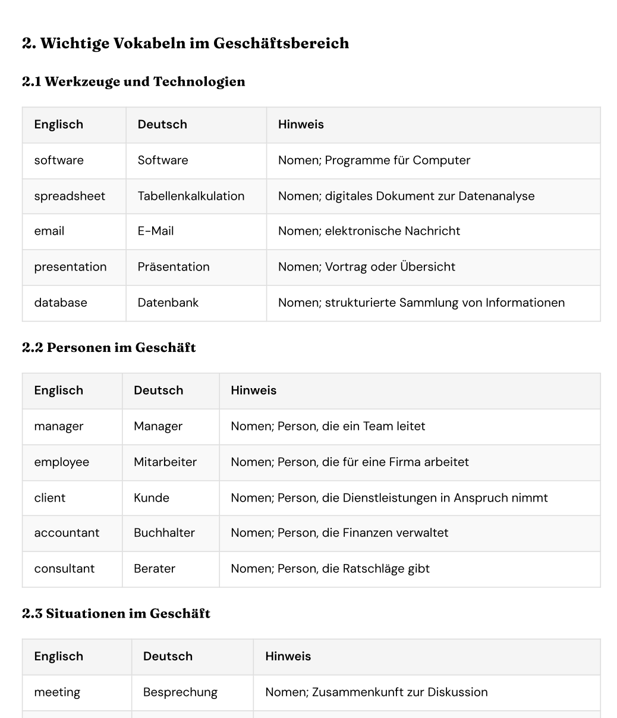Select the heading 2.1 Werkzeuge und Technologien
click(x=134, y=81)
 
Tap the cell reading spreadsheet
click(x=70, y=196)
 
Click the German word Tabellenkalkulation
click(x=191, y=196)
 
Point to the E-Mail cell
click(x=156, y=231)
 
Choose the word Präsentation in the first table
click(x=174, y=267)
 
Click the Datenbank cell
click(x=168, y=303)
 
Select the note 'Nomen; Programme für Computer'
click(x=374, y=160)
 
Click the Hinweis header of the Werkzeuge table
click(x=301, y=125)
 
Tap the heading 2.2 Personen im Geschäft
click(x=109, y=348)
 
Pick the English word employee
click(x=61, y=462)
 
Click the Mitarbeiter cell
click(x=165, y=462)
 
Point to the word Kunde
click(x=152, y=497)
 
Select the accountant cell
click(x=67, y=533)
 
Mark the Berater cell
click(x=155, y=568)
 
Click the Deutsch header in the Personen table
click(x=159, y=391)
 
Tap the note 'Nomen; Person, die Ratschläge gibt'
click(x=330, y=568)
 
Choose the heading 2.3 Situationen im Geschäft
click(x=116, y=613)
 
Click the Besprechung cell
click(x=180, y=692)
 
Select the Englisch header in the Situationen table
click(x=58, y=656)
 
